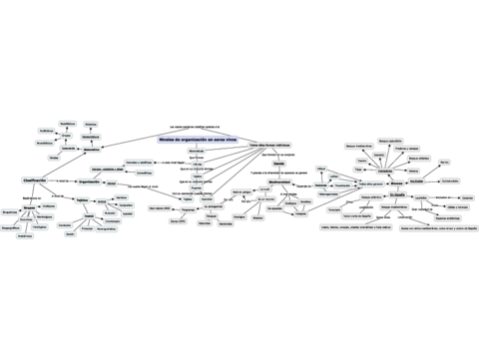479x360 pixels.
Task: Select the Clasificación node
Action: coord(35,180)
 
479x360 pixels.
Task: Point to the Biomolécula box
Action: coord(197,151)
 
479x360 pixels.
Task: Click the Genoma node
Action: coord(277,164)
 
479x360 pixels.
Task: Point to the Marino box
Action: coord(444,162)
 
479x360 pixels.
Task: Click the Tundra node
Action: coord(361,160)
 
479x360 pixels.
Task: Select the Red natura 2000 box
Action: coord(160,207)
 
